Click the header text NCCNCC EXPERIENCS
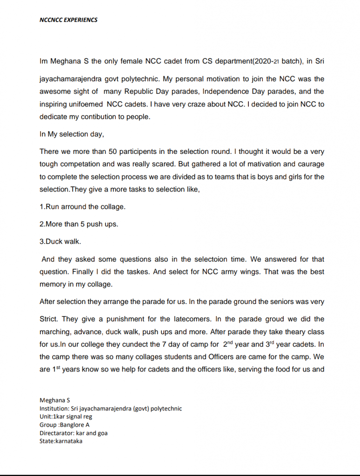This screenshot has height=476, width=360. (69, 20)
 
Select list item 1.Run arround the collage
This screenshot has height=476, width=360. (82, 207)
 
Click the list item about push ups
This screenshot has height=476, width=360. (79, 224)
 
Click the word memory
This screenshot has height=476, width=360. (53, 284)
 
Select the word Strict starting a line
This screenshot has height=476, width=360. (49, 319)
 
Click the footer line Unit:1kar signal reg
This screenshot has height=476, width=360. (66, 416)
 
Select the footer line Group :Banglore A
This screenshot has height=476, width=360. (65, 424)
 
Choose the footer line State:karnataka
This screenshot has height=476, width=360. (61, 441)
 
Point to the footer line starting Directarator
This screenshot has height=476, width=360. (73, 433)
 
